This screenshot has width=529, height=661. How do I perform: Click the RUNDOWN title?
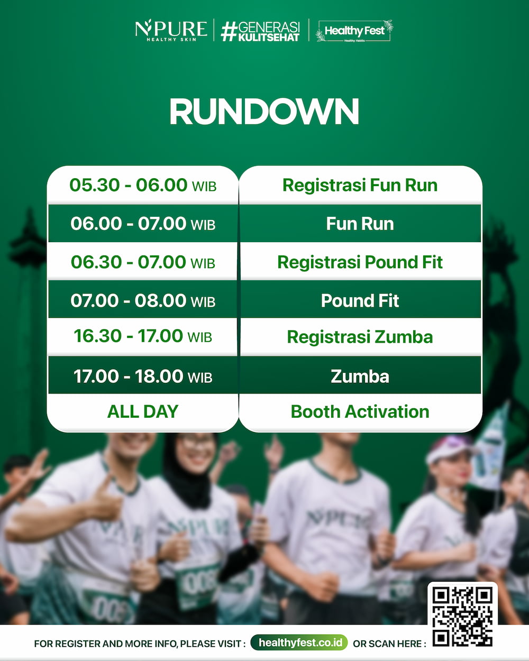point(264,112)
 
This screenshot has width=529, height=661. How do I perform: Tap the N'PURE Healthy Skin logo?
point(171,30)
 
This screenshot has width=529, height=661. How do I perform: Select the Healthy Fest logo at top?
point(354,31)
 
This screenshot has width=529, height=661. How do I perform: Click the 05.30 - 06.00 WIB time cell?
point(143,185)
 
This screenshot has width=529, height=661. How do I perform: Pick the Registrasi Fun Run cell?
point(360,185)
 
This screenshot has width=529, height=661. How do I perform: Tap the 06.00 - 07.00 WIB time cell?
point(143,223)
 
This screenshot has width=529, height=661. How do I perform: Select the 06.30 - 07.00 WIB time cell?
point(143,262)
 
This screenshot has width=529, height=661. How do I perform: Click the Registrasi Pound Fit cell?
point(360,262)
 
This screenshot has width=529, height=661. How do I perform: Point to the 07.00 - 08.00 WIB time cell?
point(143,300)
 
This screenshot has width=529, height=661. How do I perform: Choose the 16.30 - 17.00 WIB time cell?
point(143,336)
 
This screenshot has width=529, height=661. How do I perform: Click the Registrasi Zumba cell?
point(360,337)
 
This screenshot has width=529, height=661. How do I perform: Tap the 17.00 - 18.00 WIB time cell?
point(143,376)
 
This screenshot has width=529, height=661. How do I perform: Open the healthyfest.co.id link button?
point(299,642)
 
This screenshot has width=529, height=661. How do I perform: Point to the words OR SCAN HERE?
point(389,644)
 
